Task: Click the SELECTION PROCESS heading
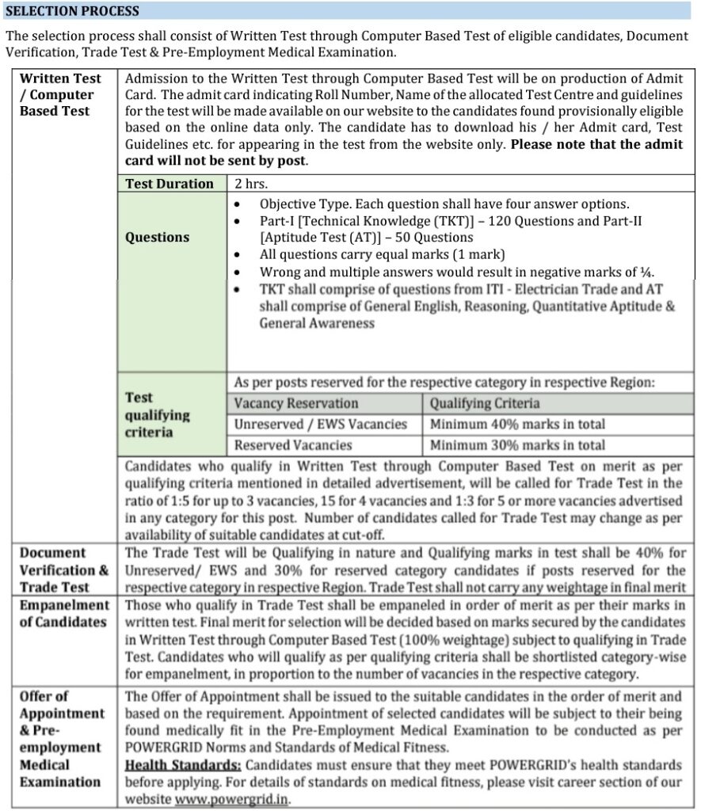click(x=72, y=11)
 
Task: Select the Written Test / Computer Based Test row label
click(x=60, y=94)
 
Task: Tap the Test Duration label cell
click(x=170, y=184)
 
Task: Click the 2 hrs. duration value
click(x=251, y=184)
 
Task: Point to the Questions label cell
click(x=158, y=237)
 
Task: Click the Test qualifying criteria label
click(x=158, y=415)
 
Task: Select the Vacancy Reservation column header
click(x=296, y=403)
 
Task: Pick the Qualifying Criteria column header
click(x=485, y=403)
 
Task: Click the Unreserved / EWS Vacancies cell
click(x=320, y=424)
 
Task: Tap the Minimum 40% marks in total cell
click(x=517, y=424)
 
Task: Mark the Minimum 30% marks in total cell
click(x=517, y=445)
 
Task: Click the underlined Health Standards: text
click(x=183, y=765)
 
